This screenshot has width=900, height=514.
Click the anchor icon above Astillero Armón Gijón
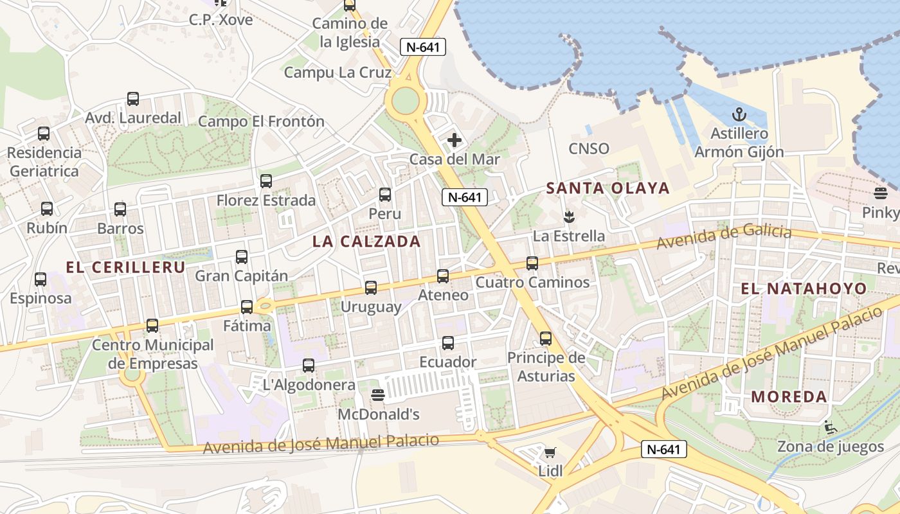[739, 116]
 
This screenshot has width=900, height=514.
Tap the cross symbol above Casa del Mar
[455, 140]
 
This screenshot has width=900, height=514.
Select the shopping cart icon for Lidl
[550, 453]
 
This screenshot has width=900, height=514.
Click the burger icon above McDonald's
[378, 394]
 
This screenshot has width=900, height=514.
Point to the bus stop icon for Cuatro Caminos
[532, 263]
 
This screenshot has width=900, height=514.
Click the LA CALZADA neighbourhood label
[366, 242]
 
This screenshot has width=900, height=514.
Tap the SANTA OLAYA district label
[607, 188]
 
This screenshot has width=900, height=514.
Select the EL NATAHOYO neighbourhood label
[804, 289]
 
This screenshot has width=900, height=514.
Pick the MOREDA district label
[789, 396]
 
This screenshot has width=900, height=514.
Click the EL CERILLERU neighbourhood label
[126, 267]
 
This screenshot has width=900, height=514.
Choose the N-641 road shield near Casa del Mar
[465, 197]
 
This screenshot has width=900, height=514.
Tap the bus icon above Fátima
[247, 307]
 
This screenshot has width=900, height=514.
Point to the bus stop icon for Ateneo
[443, 276]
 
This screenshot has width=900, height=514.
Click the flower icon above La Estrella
[568, 216]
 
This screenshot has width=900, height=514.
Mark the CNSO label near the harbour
[589, 149]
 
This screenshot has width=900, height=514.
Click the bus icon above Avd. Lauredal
[133, 99]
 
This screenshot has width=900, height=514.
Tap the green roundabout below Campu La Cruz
[405, 101]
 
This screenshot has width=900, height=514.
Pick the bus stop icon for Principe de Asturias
[546, 338]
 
